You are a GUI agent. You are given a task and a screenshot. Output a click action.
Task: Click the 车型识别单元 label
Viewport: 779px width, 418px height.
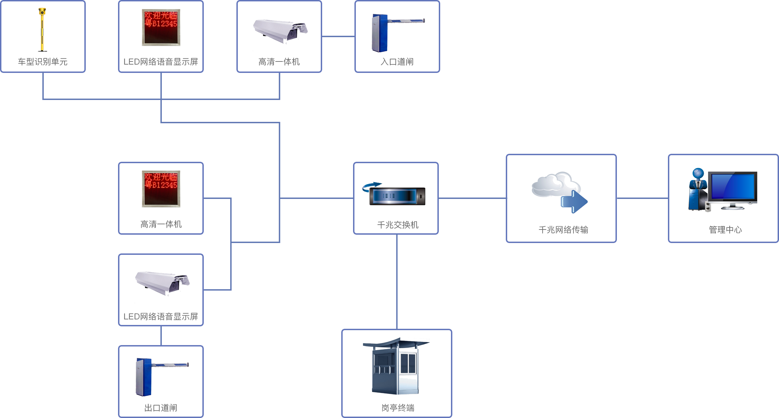(43, 62)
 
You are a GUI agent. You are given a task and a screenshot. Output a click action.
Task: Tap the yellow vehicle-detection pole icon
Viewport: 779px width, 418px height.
(42, 30)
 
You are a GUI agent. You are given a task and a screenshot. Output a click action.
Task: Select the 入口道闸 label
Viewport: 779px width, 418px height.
(397, 62)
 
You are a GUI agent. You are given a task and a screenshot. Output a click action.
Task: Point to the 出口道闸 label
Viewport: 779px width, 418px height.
(161, 408)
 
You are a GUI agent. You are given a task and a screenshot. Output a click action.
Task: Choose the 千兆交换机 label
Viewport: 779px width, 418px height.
(398, 225)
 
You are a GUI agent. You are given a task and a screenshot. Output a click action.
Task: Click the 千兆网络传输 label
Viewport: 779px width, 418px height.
(563, 229)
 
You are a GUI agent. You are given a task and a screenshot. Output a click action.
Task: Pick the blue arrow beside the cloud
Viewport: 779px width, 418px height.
(574, 201)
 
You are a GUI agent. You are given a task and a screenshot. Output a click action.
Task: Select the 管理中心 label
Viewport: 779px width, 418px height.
(725, 229)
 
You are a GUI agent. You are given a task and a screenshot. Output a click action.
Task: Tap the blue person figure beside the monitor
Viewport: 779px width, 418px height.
(698, 187)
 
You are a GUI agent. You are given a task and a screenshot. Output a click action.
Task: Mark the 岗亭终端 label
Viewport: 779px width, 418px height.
(398, 408)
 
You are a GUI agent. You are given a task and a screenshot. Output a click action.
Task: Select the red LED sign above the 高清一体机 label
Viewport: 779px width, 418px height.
(161, 189)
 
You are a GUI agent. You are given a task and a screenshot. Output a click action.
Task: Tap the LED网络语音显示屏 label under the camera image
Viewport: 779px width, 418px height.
(161, 316)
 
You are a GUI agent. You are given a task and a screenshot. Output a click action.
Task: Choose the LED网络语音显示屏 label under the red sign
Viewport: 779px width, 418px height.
(161, 62)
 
